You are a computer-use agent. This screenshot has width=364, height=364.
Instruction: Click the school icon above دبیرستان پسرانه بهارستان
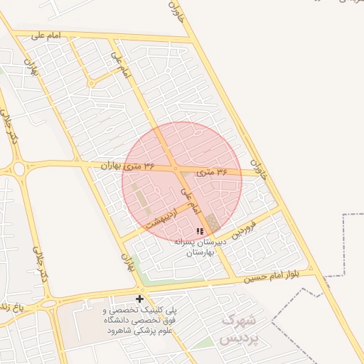click(x=200, y=231)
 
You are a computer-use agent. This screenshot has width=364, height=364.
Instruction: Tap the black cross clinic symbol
click(x=139, y=299)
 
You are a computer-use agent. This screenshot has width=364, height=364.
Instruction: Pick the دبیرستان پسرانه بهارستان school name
click(x=200, y=247)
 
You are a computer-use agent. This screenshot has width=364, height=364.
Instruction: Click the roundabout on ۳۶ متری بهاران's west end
click(x=18, y=168)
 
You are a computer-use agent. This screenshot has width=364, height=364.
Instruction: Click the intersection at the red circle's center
click(x=176, y=168)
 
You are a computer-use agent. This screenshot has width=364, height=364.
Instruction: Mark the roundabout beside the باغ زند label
click(x=50, y=304)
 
